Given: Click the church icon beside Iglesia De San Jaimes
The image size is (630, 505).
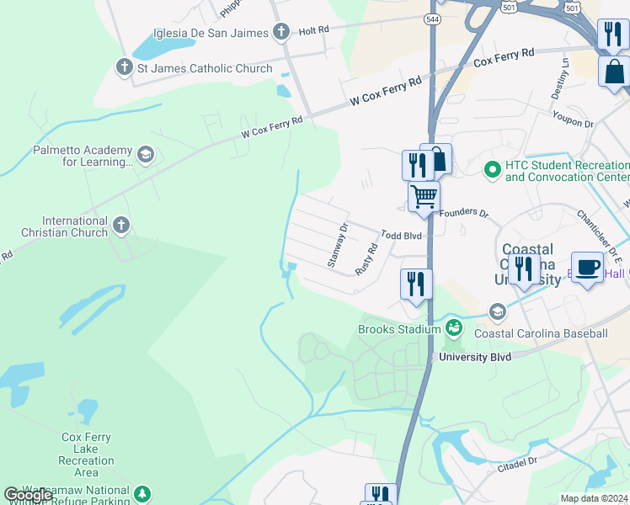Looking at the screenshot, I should tap(281, 32).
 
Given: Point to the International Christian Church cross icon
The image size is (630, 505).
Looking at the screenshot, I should tap(121, 224).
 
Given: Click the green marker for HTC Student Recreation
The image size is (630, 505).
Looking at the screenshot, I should tap(493, 170).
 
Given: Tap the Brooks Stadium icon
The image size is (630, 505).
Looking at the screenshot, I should tap(454, 328).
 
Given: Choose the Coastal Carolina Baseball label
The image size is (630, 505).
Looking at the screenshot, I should tap(541, 334).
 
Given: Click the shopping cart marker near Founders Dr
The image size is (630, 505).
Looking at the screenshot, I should tap(424, 197).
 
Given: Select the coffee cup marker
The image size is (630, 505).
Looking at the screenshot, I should tap(587, 267).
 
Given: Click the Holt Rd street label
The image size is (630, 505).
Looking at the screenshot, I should tap(312, 29).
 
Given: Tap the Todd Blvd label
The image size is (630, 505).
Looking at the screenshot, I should tap(401, 237).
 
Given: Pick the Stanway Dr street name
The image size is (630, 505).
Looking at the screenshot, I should tap(337, 246).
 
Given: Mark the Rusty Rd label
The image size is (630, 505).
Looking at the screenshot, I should tap(365, 258).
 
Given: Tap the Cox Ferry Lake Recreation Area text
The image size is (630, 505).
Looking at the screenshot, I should tap(86, 454).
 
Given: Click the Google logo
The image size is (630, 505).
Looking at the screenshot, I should tap(28, 494).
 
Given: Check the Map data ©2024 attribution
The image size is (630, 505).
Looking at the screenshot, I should tap(594, 498).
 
